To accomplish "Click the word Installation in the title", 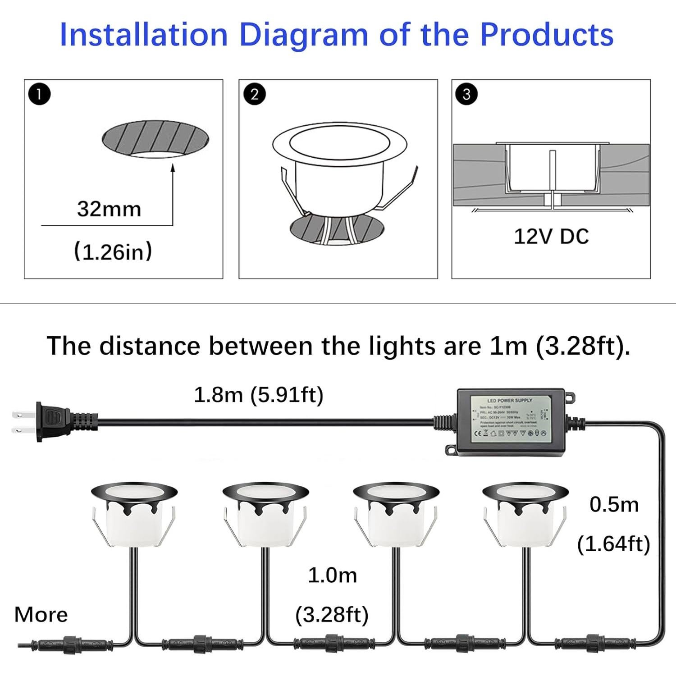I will pyautogui.click(x=144, y=35).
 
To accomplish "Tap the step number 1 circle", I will pyautogui.click(x=39, y=94).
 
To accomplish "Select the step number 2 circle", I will pyautogui.click(x=254, y=94).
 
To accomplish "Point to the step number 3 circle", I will pyautogui.click(x=466, y=94).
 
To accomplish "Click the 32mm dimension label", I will pyautogui.click(x=109, y=209).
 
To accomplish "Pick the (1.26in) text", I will pyautogui.click(x=113, y=251).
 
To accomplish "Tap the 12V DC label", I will pyautogui.click(x=551, y=237).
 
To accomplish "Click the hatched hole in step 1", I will pyautogui.click(x=155, y=139).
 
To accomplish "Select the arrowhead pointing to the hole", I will pyautogui.click(x=173, y=168).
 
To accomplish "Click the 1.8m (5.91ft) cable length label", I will pyautogui.click(x=259, y=395).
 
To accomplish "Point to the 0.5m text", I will pyautogui.click(x=614, y=505).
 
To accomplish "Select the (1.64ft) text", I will pyautogui.click(x=614, y=544).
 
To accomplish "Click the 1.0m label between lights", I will pyautogui.click(x=332, y=576).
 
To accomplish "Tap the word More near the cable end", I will pyautogui.click(x=41, y=615).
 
